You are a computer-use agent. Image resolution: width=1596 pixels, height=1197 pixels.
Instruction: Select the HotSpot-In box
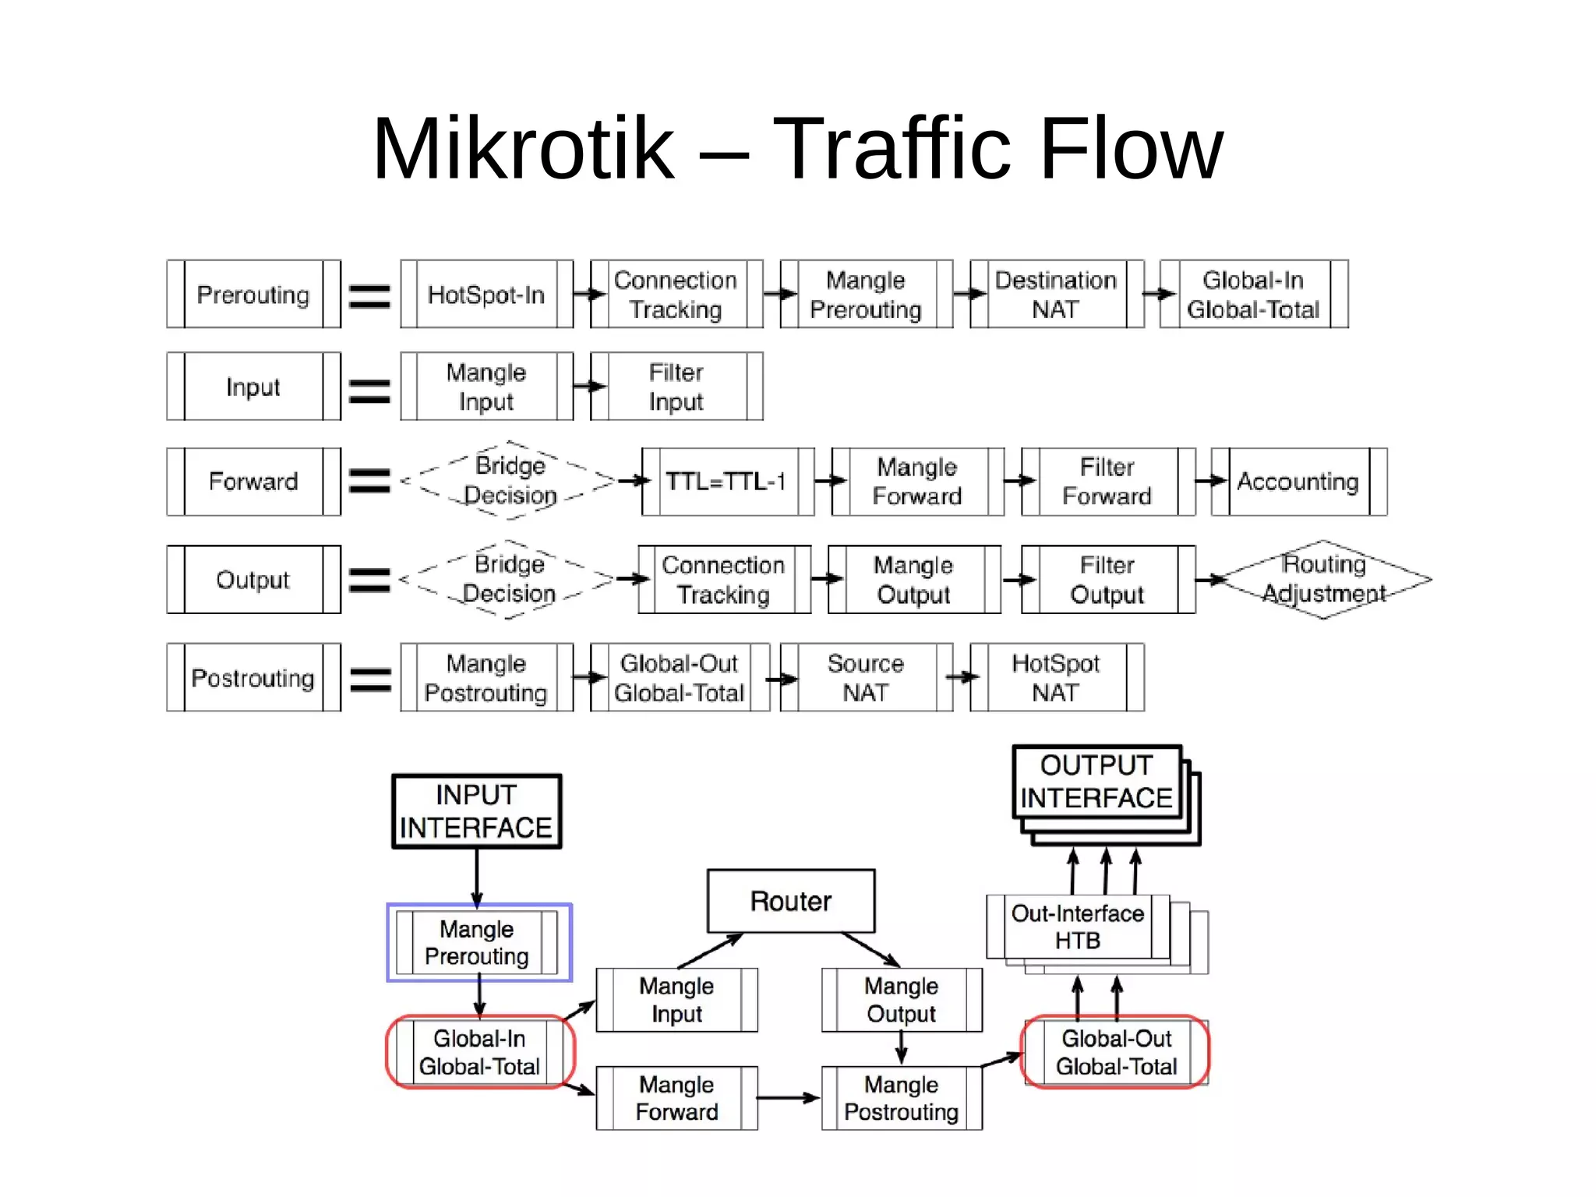point(486,295)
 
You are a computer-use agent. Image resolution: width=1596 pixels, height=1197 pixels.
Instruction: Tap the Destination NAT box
point(1056,295)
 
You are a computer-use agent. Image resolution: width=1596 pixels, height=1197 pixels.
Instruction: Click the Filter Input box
point(676,387)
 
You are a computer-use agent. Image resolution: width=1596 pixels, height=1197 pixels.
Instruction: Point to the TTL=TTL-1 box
point(727,482)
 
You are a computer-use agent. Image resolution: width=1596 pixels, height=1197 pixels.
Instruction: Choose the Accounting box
point(1298,482)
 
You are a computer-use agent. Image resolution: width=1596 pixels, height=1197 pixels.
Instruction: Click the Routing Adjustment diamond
point(1323,579)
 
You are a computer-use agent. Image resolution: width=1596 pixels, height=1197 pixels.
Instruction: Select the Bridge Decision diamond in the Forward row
point(510,481)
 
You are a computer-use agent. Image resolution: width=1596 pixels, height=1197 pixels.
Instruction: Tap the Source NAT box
point(866,677)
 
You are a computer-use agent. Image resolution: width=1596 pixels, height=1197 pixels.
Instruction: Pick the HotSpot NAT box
point(1056,677)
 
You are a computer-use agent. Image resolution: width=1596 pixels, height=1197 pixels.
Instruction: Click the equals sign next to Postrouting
point(370,679)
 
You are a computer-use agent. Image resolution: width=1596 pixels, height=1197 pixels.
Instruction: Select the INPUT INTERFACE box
point(476,811)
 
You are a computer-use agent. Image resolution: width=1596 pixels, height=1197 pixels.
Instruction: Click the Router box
point(790,901)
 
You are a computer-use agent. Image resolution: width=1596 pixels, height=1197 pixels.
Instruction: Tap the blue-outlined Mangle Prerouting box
point(477,943)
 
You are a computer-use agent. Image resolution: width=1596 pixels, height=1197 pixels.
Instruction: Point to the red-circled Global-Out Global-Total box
point(1116,1052)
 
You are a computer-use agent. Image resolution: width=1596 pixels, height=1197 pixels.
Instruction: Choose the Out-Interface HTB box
point(1078,927)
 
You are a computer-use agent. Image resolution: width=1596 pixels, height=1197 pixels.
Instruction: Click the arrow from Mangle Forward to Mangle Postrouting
point(787,1098)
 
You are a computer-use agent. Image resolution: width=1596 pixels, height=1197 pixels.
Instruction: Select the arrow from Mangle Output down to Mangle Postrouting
point(902,1047)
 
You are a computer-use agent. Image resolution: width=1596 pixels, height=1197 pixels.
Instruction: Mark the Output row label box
point(253,580)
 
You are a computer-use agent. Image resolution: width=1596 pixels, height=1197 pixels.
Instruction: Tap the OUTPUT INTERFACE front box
point(1096,782)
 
